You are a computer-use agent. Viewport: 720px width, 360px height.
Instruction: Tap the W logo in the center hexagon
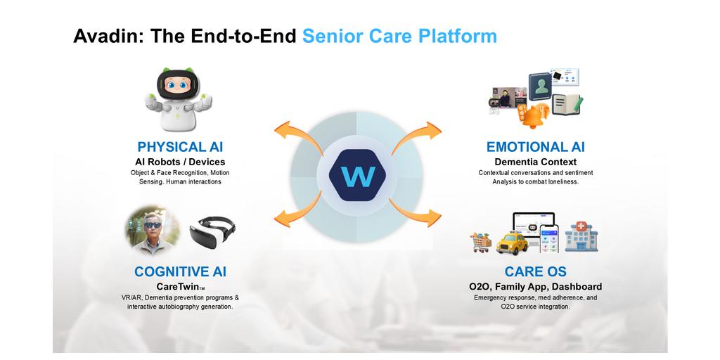357,176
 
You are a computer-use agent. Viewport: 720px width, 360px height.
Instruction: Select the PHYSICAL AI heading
180,147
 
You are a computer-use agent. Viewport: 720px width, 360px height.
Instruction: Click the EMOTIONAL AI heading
535,147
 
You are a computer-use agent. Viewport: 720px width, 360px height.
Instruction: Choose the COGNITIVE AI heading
180,271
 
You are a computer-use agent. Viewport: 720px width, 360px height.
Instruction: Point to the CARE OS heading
535,271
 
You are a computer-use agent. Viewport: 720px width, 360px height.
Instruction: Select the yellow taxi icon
513,243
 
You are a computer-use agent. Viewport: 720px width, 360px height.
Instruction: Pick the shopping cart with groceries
482,242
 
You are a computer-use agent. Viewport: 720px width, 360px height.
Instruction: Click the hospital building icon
581,238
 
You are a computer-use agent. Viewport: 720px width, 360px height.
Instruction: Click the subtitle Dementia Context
535,162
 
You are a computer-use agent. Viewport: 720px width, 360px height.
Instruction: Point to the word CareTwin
177,286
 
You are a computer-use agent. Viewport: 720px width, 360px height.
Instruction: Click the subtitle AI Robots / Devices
180,162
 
